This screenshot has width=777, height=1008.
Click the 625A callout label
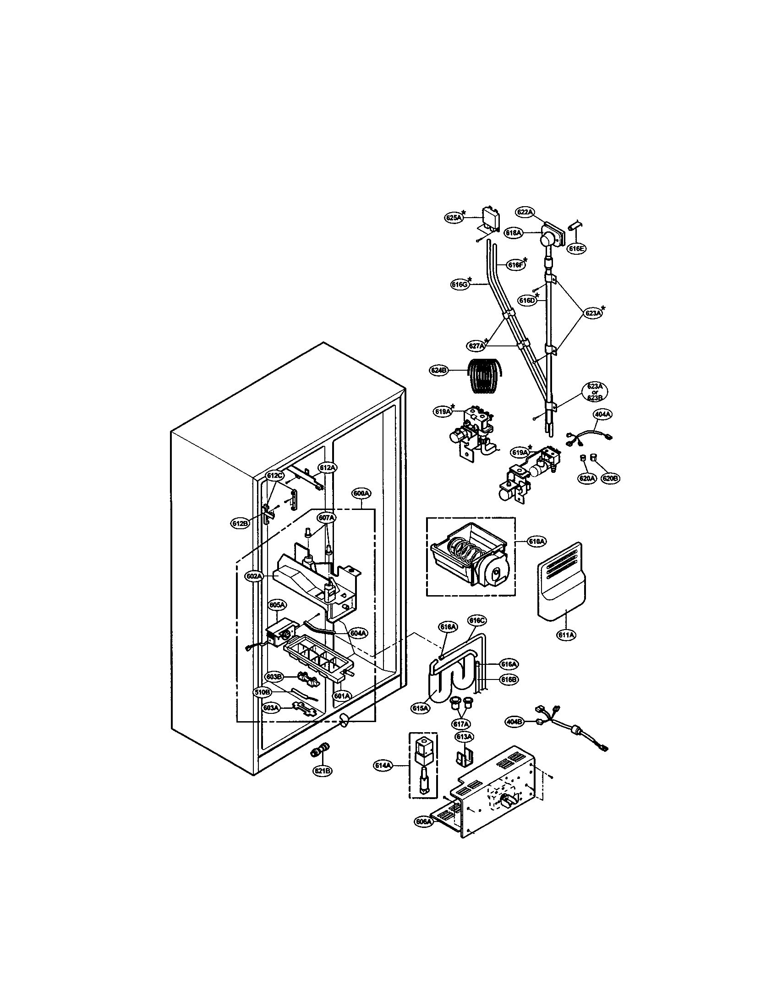pos(454,217)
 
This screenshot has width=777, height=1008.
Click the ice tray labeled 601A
pos(318,665)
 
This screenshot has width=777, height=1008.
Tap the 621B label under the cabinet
pos(322,770)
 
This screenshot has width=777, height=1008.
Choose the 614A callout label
pos(383,766)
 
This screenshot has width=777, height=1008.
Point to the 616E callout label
pos(577,248)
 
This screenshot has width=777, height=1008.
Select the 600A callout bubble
pos(361,493)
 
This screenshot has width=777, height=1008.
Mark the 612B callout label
pos(240,523)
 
